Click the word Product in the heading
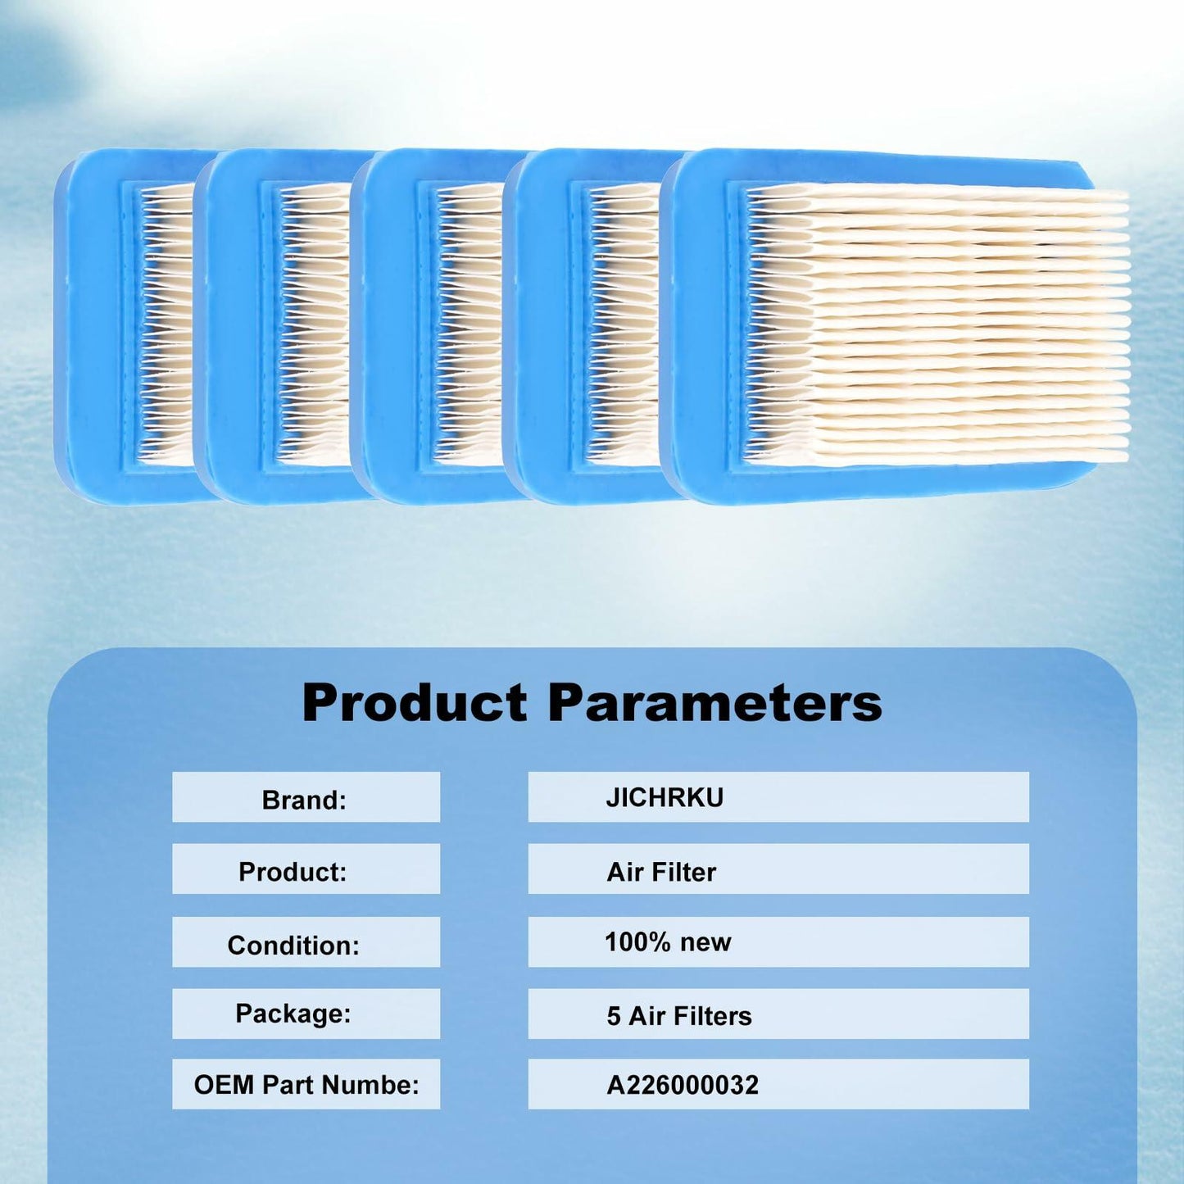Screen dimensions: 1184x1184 point(415,703)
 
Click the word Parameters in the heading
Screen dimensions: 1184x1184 point(714,703)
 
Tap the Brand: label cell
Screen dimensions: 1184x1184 point(305,799)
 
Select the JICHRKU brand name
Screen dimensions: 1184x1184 point(665,797)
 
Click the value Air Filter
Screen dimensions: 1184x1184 point(661,872)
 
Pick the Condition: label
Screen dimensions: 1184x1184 point(293,945)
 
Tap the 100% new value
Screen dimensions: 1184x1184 point(668,942)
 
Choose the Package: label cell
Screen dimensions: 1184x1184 point(293,1014)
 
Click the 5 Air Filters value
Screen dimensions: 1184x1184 point(679,1016)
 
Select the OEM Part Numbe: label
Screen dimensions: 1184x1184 point(306,1085)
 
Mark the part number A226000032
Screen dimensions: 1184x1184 point(683,1085)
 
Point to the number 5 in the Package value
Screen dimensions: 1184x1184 point(614,1016)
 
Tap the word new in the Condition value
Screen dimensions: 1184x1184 point(705,942)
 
